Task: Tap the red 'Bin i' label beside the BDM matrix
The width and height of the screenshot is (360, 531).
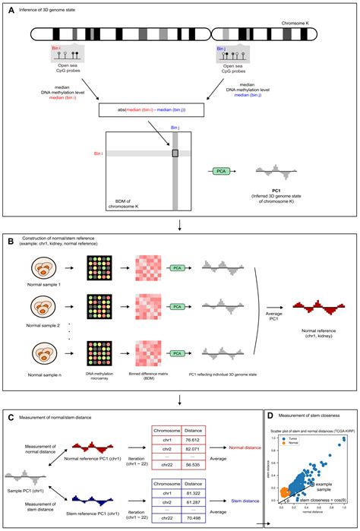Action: tap(99, 153)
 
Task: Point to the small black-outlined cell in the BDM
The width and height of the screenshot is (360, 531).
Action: tap(175, 153)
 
